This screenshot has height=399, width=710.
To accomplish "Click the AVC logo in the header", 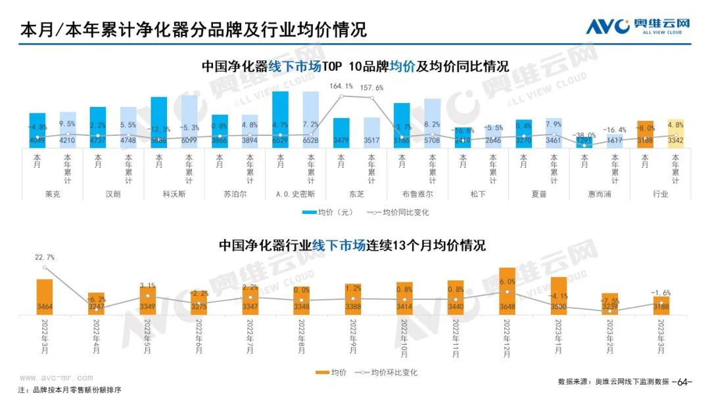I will click(638, 27).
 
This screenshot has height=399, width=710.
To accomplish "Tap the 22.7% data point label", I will click(45, 257).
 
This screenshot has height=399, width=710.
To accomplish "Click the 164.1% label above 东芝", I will click(341, 86).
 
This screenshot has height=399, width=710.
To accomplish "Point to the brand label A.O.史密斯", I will click(295, 194).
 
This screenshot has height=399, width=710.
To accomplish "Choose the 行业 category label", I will click(660, 194).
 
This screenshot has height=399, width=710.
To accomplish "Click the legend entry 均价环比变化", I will click(387, 372).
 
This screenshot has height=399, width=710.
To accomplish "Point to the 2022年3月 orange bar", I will click(45, 297).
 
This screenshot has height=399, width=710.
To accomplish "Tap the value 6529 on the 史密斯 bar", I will click(280, 140).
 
